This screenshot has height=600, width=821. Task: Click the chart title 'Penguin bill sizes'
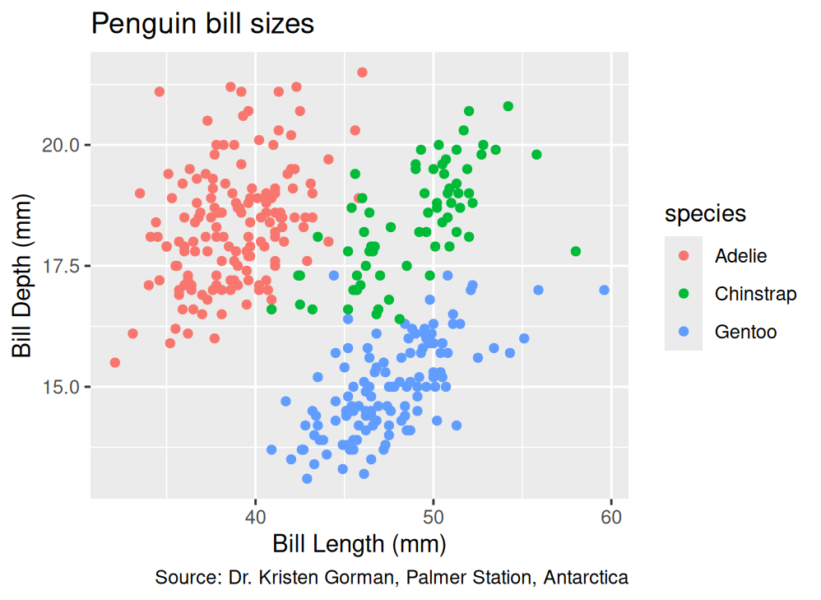click(x=202, y=24)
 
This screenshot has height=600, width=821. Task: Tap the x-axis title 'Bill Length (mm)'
click(x=359, y=545)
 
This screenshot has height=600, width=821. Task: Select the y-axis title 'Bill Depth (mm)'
click(x=22, y=276)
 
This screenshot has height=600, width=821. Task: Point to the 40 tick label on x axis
click(x=256, y=517)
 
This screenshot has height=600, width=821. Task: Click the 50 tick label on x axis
click(x=433, y=517)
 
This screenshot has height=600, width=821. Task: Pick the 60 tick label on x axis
click(x=611, y=517)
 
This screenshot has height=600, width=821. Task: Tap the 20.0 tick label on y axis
click(x=61, y=145)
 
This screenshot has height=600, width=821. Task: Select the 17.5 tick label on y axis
click(x=61, y=266)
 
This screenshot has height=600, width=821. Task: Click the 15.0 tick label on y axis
click(x=61, y=388)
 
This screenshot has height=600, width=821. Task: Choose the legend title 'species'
click(x=705, y=214)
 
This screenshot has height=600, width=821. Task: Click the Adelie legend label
click(x=741, y=256)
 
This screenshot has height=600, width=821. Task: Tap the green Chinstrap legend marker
click(x=684, y=294)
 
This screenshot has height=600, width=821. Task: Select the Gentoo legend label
click(x=745, y=332)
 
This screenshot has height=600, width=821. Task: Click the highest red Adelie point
click(x=362, y=72)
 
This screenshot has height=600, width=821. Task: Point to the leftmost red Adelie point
click(x=115, y=363)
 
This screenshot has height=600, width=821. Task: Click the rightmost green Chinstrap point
click(x=576, y=252)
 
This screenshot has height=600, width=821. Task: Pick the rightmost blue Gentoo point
click(x=604, y=290)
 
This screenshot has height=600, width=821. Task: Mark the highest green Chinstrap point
click(x=508, y=106)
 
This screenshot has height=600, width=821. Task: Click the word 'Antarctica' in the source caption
click(x=586, y=577)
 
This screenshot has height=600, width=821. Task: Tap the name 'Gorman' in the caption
click(x=359, y=577)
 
